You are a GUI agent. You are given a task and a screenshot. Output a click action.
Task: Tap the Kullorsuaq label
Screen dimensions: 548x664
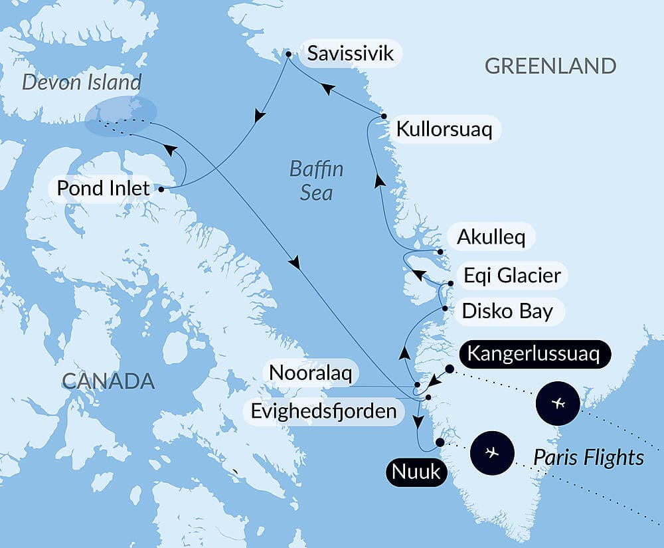point(444,129)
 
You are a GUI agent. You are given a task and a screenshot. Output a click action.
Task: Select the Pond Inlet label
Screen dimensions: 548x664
point(103,189)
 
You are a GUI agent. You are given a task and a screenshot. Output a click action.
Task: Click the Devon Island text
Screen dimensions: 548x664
point(82,83)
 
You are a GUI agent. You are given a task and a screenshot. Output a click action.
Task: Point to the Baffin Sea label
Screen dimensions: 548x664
point(316,181)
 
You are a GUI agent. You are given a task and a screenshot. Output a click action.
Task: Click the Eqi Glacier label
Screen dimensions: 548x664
point(512,274)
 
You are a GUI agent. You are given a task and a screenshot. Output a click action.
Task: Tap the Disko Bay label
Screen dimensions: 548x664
point(507,311)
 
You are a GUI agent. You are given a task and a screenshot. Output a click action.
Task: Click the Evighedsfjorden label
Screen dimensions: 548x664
point(323,411)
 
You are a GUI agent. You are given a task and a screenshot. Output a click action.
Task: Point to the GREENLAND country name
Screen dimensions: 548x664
point(550,66)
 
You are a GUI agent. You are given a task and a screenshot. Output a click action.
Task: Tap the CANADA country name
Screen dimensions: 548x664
point(108,381)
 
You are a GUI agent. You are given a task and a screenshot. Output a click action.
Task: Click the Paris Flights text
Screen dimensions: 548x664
point(588,457)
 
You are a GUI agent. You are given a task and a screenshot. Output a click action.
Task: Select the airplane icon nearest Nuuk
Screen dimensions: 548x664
point(491,452)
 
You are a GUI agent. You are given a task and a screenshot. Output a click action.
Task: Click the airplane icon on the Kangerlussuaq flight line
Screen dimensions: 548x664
point(558,403)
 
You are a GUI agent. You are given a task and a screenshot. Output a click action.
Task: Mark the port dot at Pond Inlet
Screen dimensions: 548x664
point(161,189)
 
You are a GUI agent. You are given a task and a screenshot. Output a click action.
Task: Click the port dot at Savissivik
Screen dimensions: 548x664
point(288,53)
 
